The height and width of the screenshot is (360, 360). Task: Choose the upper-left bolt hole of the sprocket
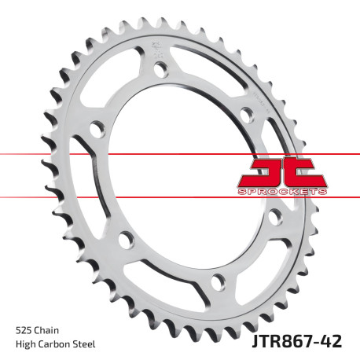[x=96, y=126]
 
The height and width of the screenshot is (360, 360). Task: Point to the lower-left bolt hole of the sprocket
[x=123, y=238]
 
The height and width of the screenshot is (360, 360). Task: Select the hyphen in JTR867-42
[x=324, y=340]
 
